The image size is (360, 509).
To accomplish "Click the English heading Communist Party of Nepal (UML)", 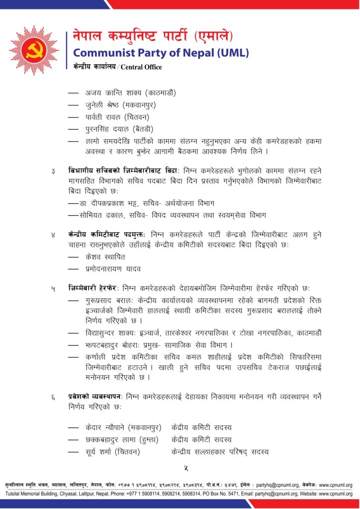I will coord(161,53).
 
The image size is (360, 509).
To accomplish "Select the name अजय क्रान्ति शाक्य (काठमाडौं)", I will coord(131,93).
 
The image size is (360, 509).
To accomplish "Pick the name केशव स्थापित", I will coord(105,257).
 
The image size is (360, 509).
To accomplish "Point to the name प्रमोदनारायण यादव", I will coord(113,269).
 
